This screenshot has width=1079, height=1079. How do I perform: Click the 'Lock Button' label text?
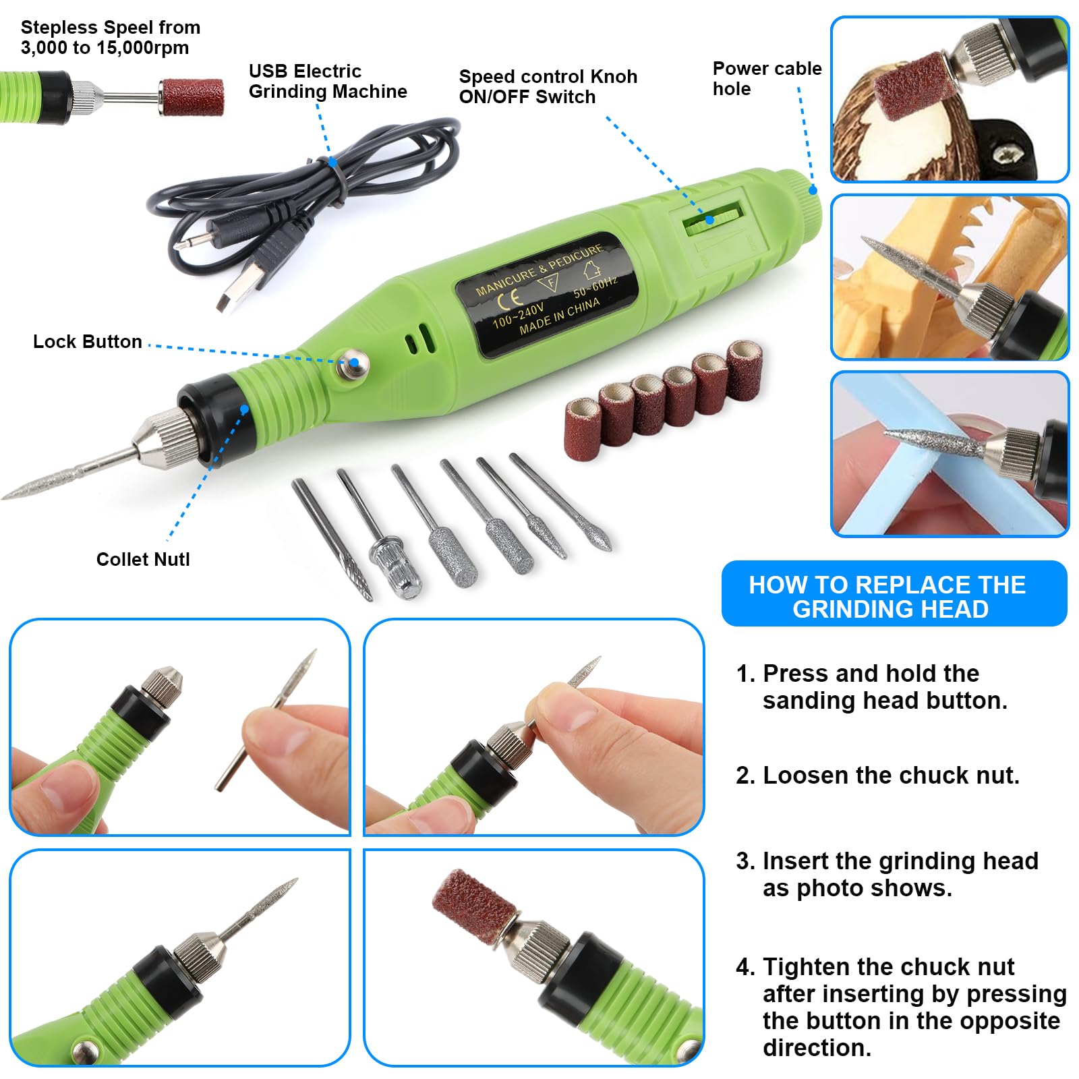pyautogui.click(x=88, y=342)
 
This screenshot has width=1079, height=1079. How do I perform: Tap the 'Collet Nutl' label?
pyautogui.click(x=143, y=559)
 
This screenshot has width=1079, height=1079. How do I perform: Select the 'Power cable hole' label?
pyautogui.click(x=767, y=79)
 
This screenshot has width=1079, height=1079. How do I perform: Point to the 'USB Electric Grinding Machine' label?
pyautogui.click(x=328, y=81)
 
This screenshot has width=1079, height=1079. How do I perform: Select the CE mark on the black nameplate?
pyautogui.click(x=511, y=297)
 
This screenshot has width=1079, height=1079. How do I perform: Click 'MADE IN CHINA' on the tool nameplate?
pyautogui.click(x=560, y=316)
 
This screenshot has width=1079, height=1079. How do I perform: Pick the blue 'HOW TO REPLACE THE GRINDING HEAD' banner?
pyautogui.click(x=894, y=593)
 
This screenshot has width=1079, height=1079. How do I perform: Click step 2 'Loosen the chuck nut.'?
pyautogui.click(x=877, y=776)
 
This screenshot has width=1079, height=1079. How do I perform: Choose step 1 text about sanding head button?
pyautogui.click(x=871, y=687)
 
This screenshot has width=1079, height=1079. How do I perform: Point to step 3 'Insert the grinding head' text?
pyautogui.click(x=887, y=874)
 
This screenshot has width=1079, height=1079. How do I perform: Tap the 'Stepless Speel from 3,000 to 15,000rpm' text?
pyautogui.click(x=111, y=38)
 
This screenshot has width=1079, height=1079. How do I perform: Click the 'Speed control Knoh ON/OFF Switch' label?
pyautogui.click(x=548, y=86)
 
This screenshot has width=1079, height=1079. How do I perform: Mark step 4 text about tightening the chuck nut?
pyautogui.click(x=901, y=1007)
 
